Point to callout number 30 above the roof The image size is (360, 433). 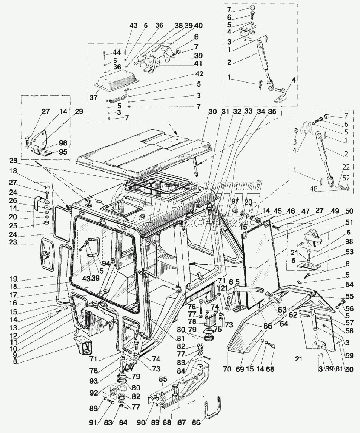(x=213, y=111)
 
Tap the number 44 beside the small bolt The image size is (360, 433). (x=117, y=53)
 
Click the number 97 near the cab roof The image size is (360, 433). (x=235, y=201)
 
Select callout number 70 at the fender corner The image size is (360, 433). (x=227, y=369)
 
